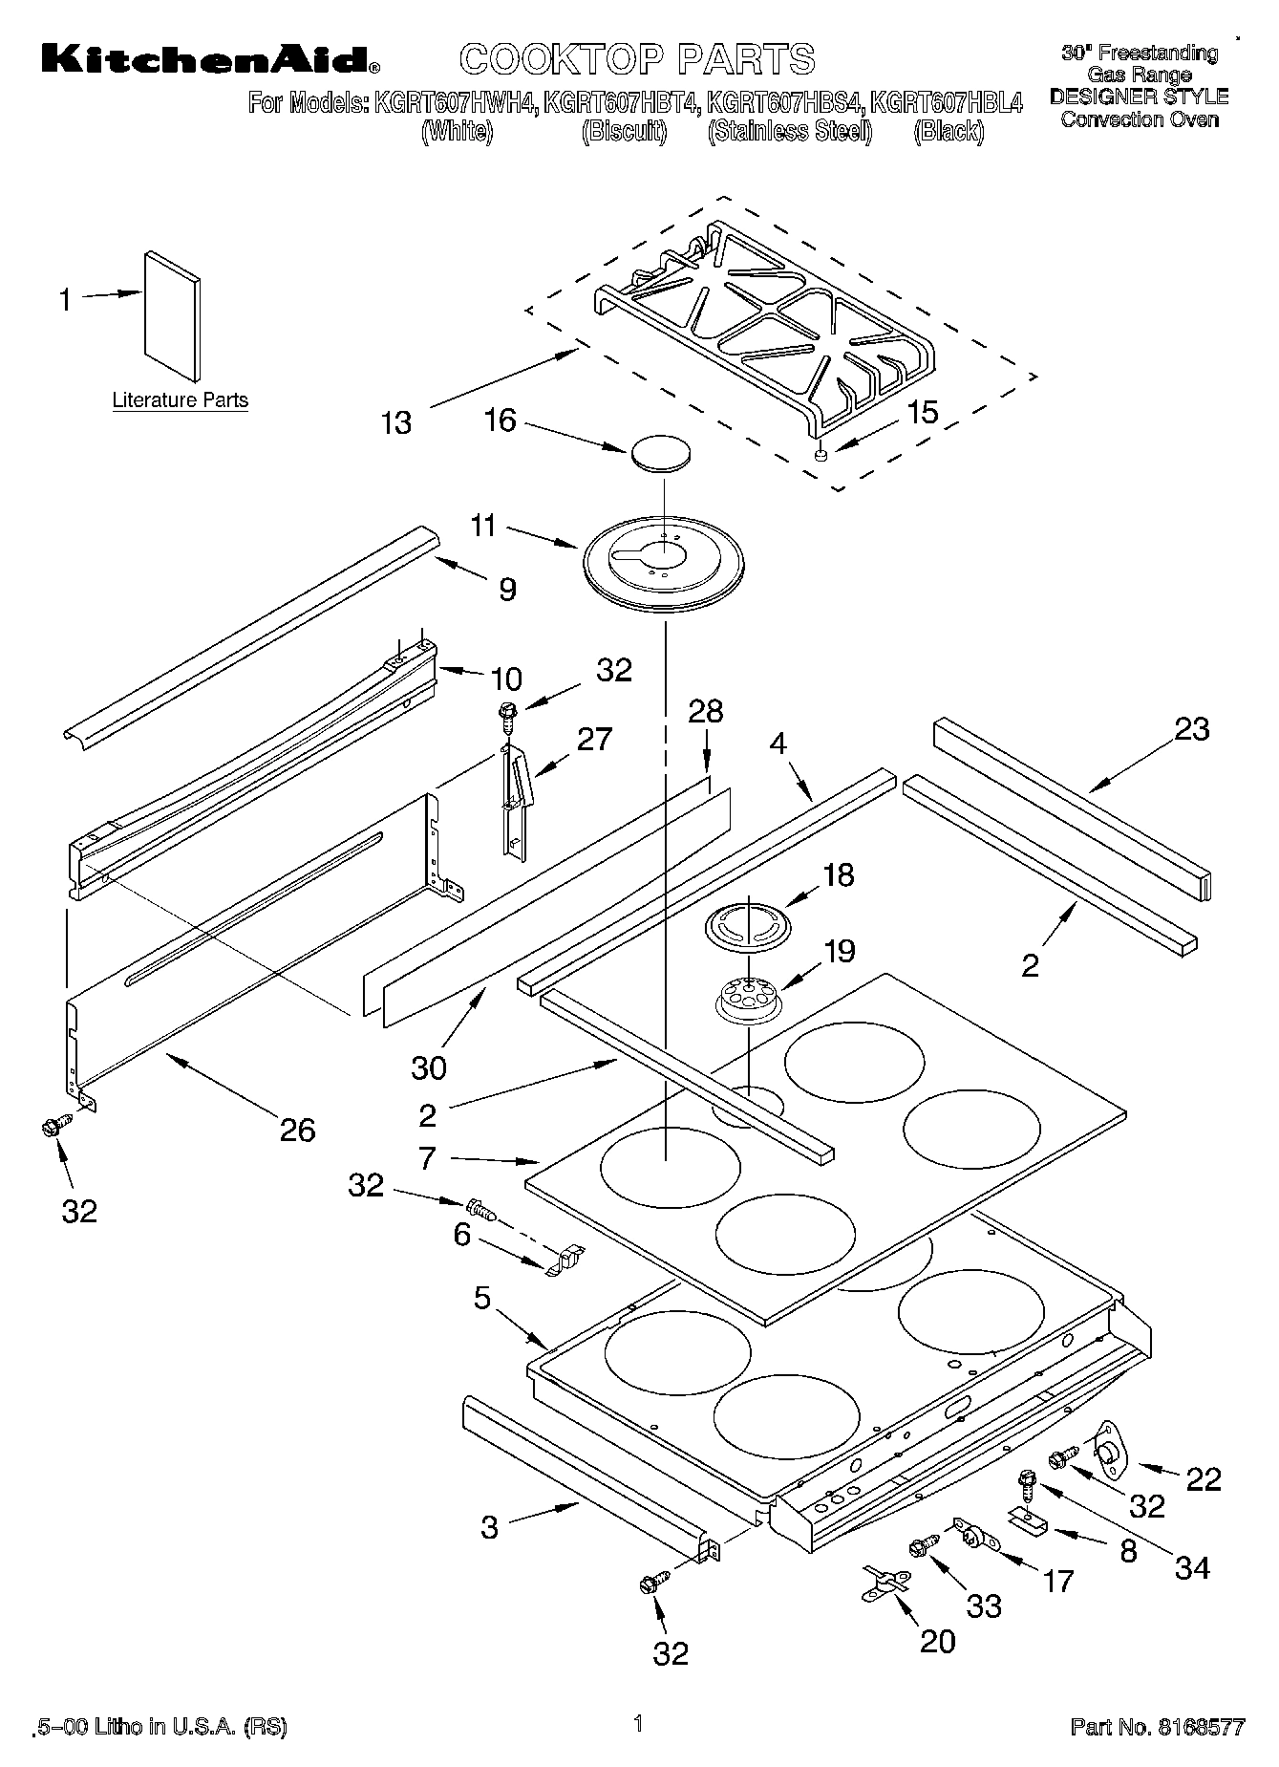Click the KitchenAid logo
click(210, 59)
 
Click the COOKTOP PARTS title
click(638, 59)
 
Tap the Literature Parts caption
click(181, 400)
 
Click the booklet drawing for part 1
click(173, 315)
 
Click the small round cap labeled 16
click(659, 453)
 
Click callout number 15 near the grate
click(922, 412)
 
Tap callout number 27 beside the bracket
click(594, 739)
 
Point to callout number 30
click(429, 1067)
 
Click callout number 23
click(1191, 729)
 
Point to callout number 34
click(1192, 1567)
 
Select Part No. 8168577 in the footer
click(1157, 1727)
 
